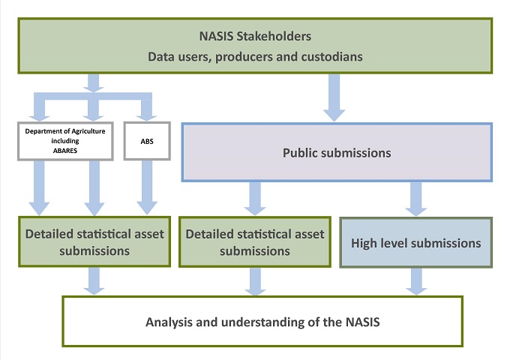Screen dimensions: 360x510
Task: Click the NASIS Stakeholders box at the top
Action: pos(255,45)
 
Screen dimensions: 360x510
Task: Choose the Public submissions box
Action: pos(336,153)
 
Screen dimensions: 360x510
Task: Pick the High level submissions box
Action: pos(416,242)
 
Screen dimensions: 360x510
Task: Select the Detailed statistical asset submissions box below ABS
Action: pos(94,242)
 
